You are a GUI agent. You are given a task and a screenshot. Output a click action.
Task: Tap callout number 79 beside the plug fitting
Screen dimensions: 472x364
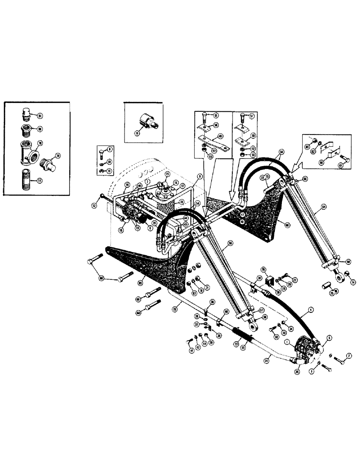tap(58, 155)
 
